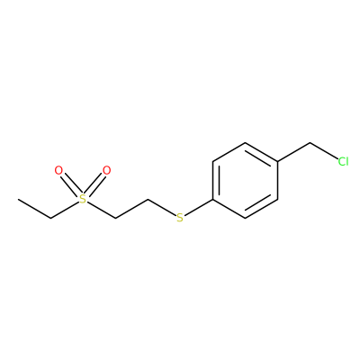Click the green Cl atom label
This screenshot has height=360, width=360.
343,161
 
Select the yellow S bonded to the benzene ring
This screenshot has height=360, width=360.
180,218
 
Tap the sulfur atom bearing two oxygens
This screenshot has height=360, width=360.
83,199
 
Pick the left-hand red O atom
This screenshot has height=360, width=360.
58,170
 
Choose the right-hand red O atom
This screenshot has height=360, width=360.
106,170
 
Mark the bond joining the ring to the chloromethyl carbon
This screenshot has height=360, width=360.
293,152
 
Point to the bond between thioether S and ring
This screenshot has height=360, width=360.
199,207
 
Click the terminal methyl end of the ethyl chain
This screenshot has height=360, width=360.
19,199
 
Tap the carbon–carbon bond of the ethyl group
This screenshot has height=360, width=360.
34,209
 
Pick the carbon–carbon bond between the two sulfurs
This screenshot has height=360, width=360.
131,209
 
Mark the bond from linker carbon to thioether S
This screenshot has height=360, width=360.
162,207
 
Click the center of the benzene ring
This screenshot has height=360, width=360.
246,180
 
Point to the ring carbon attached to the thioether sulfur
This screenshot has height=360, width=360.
213,199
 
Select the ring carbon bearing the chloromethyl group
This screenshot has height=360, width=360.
277,162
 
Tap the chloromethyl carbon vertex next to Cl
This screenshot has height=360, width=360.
310,143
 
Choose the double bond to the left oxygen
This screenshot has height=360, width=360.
70,184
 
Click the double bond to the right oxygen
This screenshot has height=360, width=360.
94,184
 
